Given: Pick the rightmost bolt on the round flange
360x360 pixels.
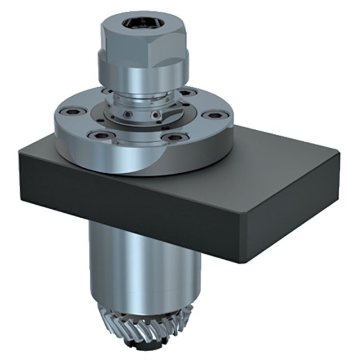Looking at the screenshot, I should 213,115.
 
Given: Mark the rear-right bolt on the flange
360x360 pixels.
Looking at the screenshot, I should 187,92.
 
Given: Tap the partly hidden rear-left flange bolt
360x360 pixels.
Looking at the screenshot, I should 106,91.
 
